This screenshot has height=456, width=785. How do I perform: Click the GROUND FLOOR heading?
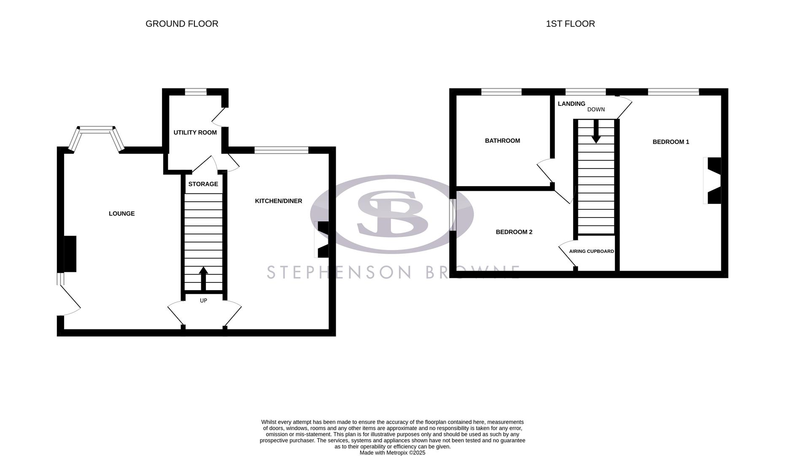pos(182,24)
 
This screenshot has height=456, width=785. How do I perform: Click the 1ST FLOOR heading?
pos(570,24)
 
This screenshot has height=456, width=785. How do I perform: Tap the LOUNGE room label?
pos(121,214)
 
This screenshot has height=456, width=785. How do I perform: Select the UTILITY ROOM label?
pos(195,133)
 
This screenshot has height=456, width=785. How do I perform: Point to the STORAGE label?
pos(203,184)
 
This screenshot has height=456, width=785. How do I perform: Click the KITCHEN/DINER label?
pos(278,201)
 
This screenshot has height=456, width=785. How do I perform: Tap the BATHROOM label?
pos(502,141)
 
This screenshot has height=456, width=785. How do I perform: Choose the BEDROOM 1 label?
pos(671,142)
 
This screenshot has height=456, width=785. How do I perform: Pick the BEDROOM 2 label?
pos(514,232)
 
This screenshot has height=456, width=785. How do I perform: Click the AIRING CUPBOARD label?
pos(591,251)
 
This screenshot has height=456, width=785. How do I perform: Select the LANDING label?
pos(572,104)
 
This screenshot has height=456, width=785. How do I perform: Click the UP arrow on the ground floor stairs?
pos(203,278)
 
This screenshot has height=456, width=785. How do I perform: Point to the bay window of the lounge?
pos(97,132)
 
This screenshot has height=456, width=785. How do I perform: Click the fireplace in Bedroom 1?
pos(713,180)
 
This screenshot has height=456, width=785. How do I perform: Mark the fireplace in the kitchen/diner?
pos(322,239)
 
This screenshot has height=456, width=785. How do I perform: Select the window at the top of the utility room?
pos(196,92)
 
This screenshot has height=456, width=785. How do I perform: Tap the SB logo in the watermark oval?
pos(392,214)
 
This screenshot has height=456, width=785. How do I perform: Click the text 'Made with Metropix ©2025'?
pos(392,453)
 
